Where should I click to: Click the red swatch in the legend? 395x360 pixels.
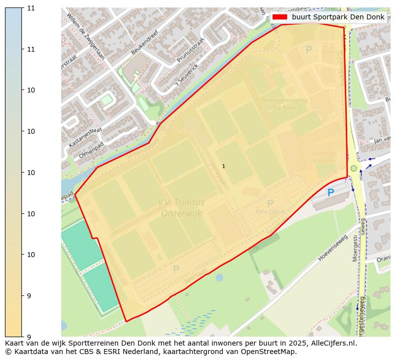(280, 17)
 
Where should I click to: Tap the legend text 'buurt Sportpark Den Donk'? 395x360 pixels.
(338, 17)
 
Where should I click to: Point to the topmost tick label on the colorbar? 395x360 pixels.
(31, 8)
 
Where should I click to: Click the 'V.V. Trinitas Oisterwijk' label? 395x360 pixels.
(182, 208)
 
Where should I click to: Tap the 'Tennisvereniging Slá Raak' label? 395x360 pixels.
(284, 103)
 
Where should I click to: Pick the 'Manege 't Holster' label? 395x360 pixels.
(324, 157)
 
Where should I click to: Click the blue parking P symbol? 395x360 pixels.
(330, 192)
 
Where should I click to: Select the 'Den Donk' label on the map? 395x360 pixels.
(270, 211)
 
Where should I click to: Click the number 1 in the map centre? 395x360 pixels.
(223, 166)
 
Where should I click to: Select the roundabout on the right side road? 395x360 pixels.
(354, 168)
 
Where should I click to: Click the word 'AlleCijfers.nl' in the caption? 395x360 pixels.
(333, 343)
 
